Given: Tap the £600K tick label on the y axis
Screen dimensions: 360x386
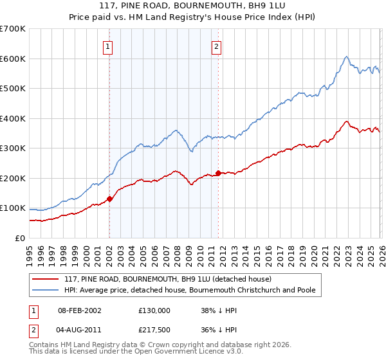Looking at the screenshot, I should (x=13, y=59).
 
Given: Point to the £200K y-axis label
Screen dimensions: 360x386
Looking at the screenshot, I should (x=13, y=178).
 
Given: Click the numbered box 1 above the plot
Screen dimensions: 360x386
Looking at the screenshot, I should (x=107, y=46).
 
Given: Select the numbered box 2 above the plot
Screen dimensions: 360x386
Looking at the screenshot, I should (x=217, y=46).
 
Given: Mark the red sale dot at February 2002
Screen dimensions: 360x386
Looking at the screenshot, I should (x=109, y=199).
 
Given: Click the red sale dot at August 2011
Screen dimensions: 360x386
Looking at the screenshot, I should (x=218, y=173).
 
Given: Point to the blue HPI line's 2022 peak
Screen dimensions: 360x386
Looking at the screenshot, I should (x=346, y=57).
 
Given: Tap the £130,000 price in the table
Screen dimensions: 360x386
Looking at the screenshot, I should (x=154, y=310).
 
